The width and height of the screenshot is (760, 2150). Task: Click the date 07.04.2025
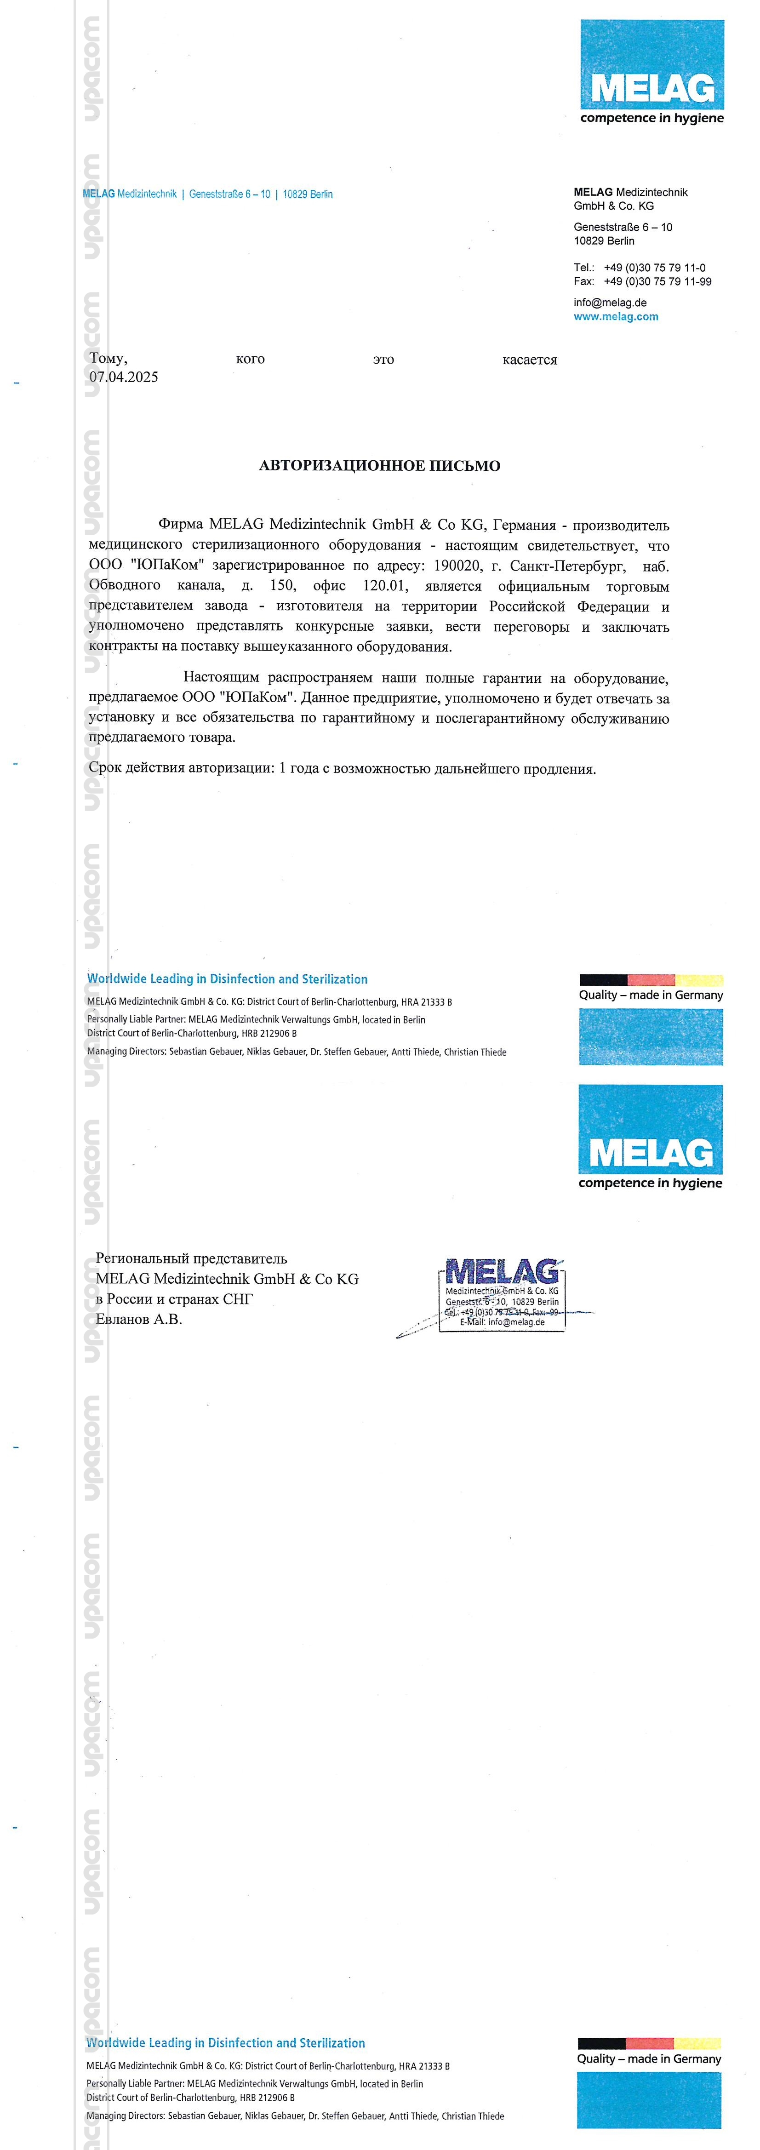pyautogui.click(x=124, y=377)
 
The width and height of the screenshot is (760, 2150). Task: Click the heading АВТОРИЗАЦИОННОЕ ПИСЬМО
pyautogui.click(x=380, y=466)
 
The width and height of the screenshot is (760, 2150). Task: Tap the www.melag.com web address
pyautogui.click(x=616, y=316)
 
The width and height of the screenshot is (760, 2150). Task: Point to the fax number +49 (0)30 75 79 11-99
pyautogui.click(x=657, y=281)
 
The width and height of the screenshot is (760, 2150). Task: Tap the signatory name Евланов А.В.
pyautogui.click(x=138, y=1320)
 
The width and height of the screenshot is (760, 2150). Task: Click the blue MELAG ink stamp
pyautogui.click(x=502, y=1294)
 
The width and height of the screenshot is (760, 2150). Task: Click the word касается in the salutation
pyautogui.click(x=529, y=360)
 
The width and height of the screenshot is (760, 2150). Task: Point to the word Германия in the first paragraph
pyautogui.click(x=524, y=525)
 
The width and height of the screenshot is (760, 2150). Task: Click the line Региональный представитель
pyautogui.click(x=191, y=1258)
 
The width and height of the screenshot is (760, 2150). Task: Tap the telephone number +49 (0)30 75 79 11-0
pyautogui.click(x=654, y=268)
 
